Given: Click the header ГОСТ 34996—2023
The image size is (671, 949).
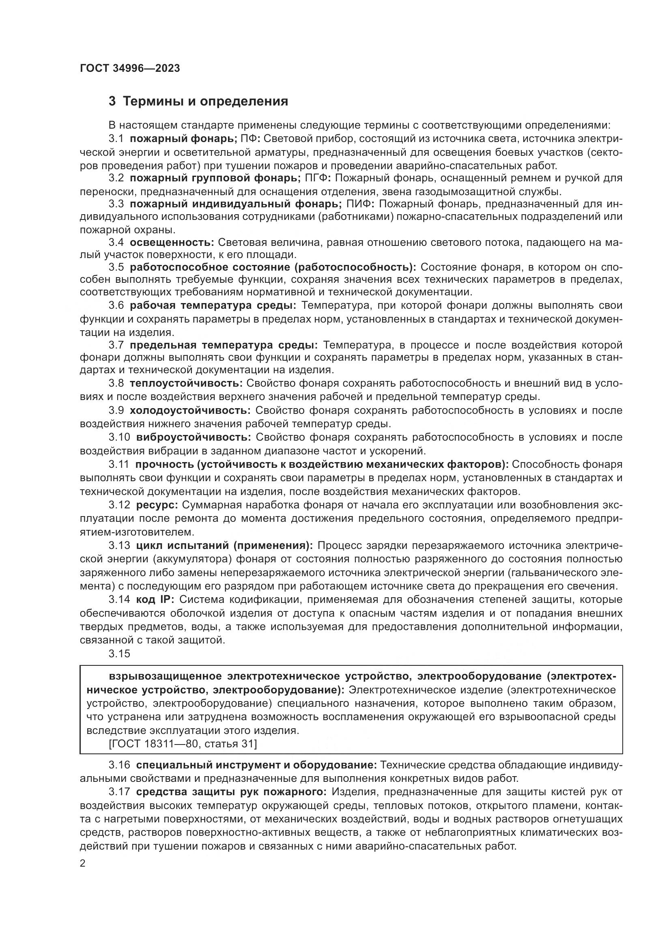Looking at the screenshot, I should [x=130, y=69].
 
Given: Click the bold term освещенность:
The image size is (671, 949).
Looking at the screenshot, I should [x=172, y=242].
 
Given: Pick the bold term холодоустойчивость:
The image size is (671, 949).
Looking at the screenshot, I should [x=190, y=411].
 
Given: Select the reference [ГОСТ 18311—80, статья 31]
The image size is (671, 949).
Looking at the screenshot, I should [x=182, y=744].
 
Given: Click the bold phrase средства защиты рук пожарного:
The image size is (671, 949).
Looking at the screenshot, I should [x=231, y=792].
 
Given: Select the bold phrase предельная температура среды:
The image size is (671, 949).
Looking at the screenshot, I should [x=224, y=345].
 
